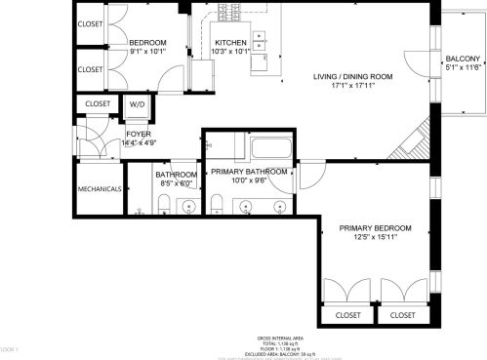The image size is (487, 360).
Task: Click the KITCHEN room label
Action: (x=230, y=43)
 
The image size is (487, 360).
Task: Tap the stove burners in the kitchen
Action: (x=260, y=40)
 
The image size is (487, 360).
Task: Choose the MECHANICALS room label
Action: (x=100, y=188)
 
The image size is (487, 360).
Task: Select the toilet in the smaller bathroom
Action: (x=165, y=203)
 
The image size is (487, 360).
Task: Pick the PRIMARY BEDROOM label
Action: (x=375, y=228)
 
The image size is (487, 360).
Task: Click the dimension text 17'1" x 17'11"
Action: (x=352, y=86)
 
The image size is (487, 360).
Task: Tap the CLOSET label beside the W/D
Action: (x=98, y=103)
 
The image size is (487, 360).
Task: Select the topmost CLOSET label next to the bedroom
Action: (x=91, y=23)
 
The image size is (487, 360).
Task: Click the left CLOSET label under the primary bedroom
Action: (x=347, y=315)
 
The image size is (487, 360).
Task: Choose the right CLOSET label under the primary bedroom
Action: (x=401, y=315)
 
